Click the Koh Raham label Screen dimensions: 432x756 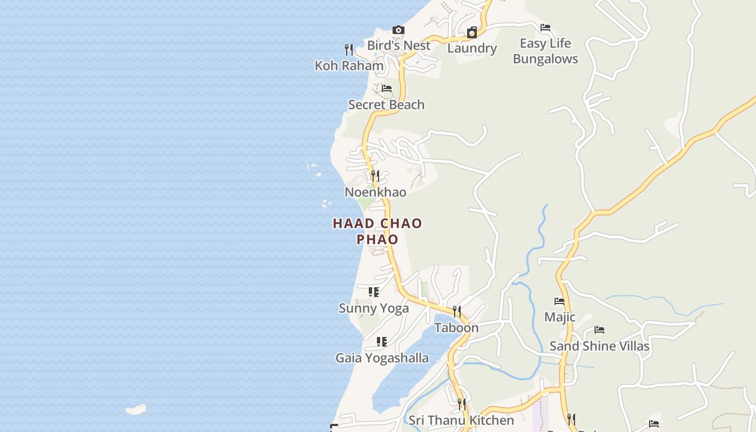[349, 65]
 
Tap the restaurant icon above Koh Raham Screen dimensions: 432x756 [349, 50]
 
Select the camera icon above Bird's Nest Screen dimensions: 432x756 [399, 30]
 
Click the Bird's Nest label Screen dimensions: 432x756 [399, 45]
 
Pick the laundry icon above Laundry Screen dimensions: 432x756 [471, 32]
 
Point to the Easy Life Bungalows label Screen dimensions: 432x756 [545, 51]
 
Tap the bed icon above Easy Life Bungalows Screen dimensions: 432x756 [545, 28]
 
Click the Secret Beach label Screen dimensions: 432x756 [386, 105]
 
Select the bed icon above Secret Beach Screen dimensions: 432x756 [386, 89]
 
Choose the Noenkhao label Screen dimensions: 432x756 [375, 192]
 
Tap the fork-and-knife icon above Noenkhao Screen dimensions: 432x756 [375, 176]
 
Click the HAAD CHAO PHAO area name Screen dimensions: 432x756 [377, 231]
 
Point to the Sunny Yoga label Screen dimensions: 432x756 [374, 308]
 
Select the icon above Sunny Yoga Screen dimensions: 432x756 [374, 292]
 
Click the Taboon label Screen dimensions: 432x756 [457, 328]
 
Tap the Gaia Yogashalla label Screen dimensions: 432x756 [382, 358]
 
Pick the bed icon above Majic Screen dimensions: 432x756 [559, 301]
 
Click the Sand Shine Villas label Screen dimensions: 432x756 [599, 346]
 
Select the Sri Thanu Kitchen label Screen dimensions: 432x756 [461, 420]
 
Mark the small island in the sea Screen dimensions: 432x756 [136, 409]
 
